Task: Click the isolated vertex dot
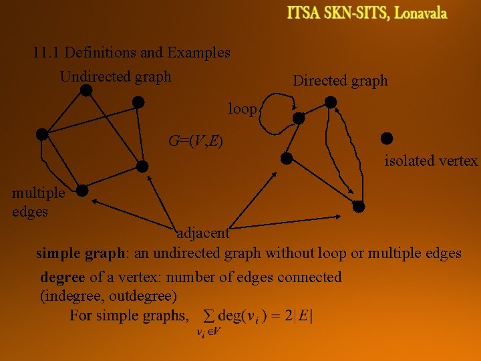point(385,138)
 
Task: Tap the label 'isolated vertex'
point(431,160)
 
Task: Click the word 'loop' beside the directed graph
point(242,108)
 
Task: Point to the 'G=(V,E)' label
point(196,141)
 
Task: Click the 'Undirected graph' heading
point(116,77)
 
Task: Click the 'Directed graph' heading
point(340,81)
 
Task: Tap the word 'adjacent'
point(202,233)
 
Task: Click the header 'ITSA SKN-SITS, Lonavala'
point(367,13)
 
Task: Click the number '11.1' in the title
point(46,52)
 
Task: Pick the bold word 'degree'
point(62,277)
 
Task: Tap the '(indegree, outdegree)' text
point(109,295)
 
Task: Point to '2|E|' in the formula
point(299,316)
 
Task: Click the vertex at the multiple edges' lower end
point(82,191)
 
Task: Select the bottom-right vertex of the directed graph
point(359,206)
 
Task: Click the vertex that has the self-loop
point(299,118)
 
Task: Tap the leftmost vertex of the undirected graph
point(42,134)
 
